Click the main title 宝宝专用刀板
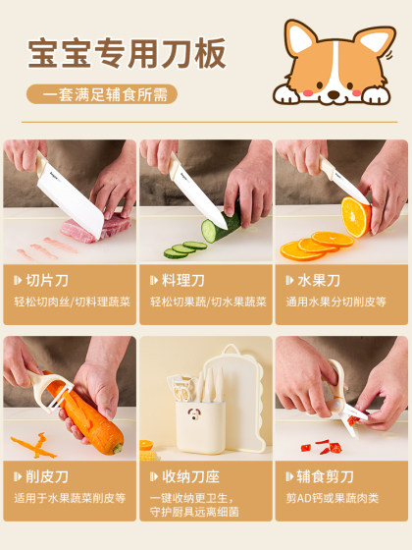(x=127, y=51)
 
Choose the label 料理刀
(x=184, y=281)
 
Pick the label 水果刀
(x=321, y=281)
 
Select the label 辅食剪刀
(x=327, y=476)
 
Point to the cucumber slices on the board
(x=182, y=249)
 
